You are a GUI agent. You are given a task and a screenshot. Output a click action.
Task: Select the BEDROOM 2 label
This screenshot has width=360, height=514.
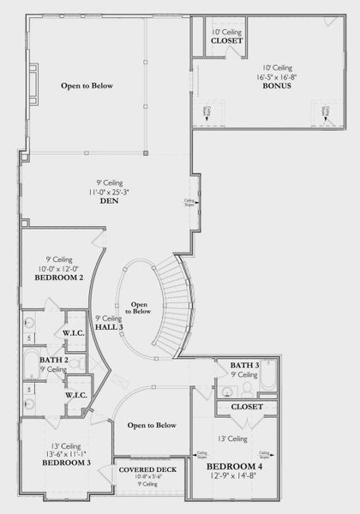pos(58,278)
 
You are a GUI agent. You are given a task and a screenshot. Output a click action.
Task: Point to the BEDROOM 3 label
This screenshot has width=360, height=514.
pos(65,462)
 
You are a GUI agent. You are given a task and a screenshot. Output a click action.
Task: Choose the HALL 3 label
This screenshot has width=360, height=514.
pos(110,327)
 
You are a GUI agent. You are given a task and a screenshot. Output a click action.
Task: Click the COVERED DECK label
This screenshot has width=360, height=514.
pos(147,470)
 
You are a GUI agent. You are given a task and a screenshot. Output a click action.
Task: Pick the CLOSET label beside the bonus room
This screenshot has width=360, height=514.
pos(226,40)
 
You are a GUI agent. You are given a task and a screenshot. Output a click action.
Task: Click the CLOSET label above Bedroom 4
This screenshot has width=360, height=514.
pos(247,407)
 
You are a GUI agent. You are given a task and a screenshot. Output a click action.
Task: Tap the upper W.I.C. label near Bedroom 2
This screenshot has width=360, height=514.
pos(72,332)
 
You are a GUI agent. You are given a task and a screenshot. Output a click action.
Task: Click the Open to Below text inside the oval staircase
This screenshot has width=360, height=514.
pos(141,308)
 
